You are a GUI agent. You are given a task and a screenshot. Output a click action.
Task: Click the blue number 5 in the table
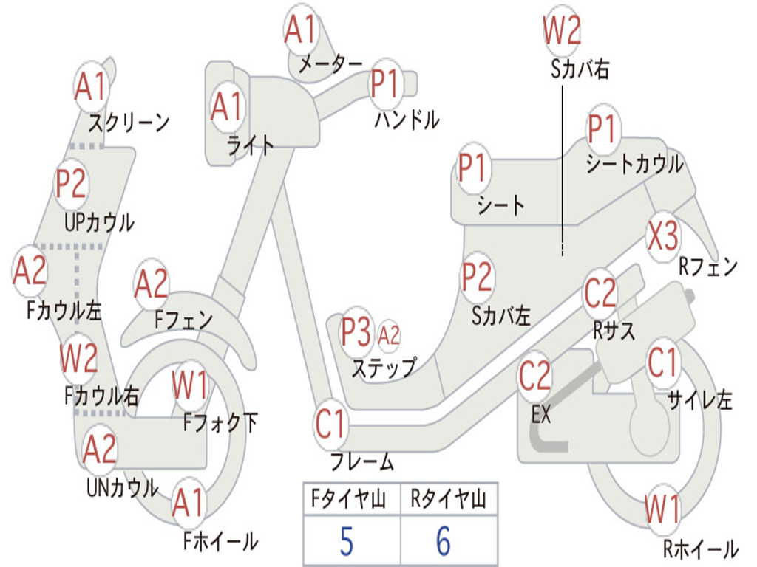coord(346,541)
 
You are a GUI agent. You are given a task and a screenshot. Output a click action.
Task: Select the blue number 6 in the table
coord(444,541)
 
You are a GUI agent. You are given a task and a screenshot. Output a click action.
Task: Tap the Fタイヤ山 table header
coord(349,498)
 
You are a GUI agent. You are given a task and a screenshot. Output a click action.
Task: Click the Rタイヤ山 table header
coord(449,498)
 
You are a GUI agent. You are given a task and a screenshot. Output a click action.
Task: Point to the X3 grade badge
coord(663,236)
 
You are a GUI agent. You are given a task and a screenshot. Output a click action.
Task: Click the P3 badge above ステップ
coord(356,332)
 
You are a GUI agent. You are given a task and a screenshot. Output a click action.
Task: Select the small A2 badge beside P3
coord(389,335)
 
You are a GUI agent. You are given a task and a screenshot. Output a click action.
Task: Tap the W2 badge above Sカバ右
coord(562,30)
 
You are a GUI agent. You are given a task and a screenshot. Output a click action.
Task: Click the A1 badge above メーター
coord(300,29)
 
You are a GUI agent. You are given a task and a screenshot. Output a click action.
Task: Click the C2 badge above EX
coord(534,376)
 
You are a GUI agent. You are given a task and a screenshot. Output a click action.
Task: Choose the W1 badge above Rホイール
coord(662,509)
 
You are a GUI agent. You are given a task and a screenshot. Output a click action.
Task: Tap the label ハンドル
coord(407,120)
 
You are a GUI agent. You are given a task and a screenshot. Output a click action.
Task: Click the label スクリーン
coord(129,123)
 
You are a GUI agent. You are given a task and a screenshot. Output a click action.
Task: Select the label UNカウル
coord(123,487)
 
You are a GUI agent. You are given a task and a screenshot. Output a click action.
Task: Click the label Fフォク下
coord(220,423)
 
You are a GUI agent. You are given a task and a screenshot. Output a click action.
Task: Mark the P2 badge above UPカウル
coord(71,184)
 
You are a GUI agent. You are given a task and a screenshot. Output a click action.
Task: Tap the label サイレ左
coord(699,399)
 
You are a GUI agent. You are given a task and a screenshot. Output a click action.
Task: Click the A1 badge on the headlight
coord(226,106)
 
